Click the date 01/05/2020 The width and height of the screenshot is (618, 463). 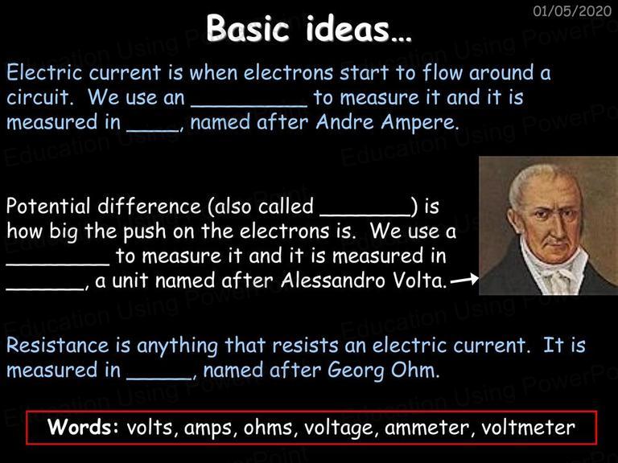(x=572, y=10)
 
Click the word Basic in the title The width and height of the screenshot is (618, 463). (x=248, y=28)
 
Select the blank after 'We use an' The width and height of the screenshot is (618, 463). (x=249, y=105)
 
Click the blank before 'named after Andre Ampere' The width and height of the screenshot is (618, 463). (x=153, y=130)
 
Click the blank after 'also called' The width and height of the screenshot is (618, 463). (x=365, y=215)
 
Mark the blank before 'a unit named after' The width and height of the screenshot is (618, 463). (x=45, y=289)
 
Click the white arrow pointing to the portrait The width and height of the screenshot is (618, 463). (x=464, y=280)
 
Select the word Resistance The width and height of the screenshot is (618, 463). (x=58, y=346)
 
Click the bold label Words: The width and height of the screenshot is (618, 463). (x=83, y=427)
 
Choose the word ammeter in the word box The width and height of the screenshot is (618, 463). (x=426, y=428)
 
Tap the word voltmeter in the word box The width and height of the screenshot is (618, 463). (x=528, y=427)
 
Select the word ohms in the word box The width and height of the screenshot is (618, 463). (x=269, y=427)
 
